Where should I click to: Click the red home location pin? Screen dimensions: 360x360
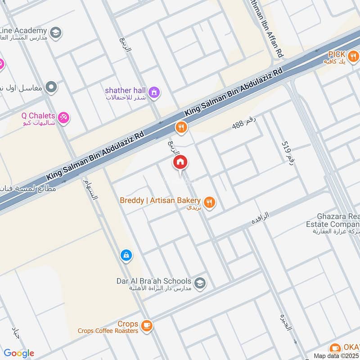[x=180, y=163]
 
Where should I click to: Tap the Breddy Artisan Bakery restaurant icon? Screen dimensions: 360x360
[x=209, y=202]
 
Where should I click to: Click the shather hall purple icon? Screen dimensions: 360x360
[x=154, y=92]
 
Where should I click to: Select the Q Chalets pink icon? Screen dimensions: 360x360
[x=63, y=117]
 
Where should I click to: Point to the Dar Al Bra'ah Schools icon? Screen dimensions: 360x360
[x=201, y=283]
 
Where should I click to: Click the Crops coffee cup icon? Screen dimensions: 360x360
[x=146, y=325]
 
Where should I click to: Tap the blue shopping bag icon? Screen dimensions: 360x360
[x=126, y=256]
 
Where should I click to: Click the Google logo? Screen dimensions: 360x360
[x=19, y=353]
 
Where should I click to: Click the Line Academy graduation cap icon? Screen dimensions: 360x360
[x=56, y=33]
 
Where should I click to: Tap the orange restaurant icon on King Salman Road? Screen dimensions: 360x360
[x=181, y=128]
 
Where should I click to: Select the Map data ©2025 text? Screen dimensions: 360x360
[x=336, y=355]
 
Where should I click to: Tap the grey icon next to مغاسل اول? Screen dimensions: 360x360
[x=51, y=86]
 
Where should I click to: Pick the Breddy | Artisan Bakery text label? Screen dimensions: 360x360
[x=160, y=200]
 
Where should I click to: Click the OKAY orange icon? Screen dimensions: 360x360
[x=334, y=348]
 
